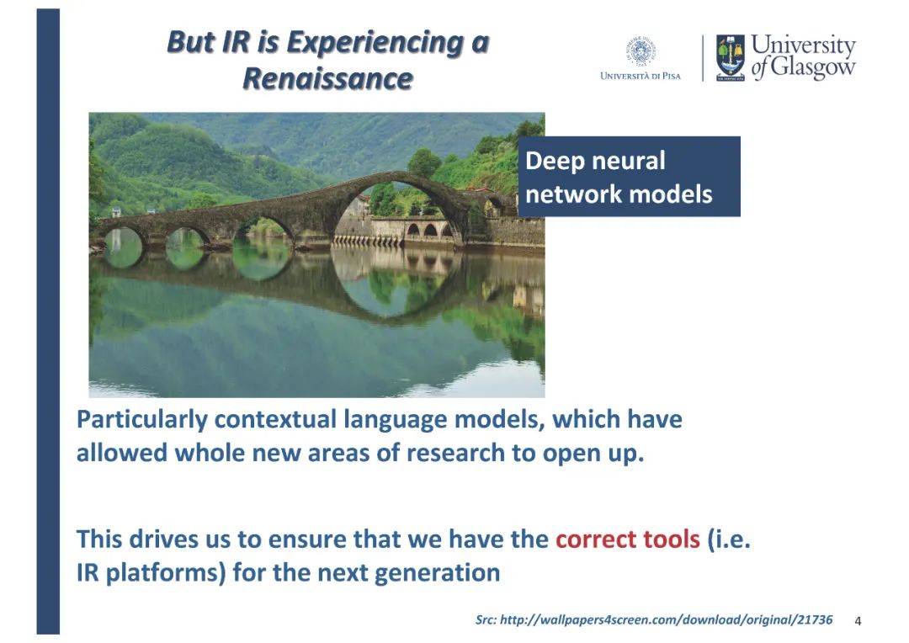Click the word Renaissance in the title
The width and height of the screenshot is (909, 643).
pyautogui.click(x=327, y=78)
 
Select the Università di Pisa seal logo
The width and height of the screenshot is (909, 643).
pyautogui.click(x=640, y=51)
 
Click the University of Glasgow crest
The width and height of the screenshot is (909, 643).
pyautogui.click(x=730, y=57)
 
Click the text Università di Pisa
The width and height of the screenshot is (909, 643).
pyautogui.click(x=641, y=76)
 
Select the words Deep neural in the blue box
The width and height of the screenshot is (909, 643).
pyautogui.click(x=595, y=161)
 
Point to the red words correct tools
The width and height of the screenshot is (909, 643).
pyautogui.click(x=627, y=539)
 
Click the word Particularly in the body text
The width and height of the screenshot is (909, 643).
pyautogui.click(x=141, y=419)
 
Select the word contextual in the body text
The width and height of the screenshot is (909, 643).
pyautogui.click(x=275, y=419)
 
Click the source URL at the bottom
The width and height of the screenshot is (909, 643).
pyautogui.click(x=654, y=619)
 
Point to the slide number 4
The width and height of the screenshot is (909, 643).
pyautogui.click(x=858, y=621)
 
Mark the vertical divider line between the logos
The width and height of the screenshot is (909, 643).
pyautogui.click(x=703, y=58)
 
